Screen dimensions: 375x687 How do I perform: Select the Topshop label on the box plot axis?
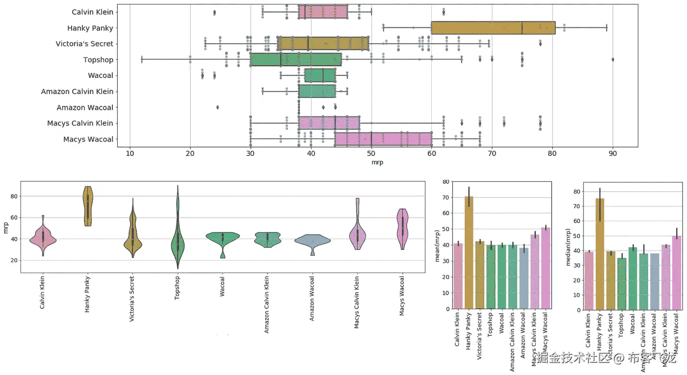pos(98,60)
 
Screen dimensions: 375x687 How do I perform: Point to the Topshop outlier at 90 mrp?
pos(613,60)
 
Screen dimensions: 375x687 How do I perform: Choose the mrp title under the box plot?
pos(377,162)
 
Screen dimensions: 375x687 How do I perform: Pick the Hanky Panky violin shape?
pos(88,206)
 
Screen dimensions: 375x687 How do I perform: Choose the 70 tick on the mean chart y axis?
pos(446,197)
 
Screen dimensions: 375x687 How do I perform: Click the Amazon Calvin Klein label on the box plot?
pos(77,92)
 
